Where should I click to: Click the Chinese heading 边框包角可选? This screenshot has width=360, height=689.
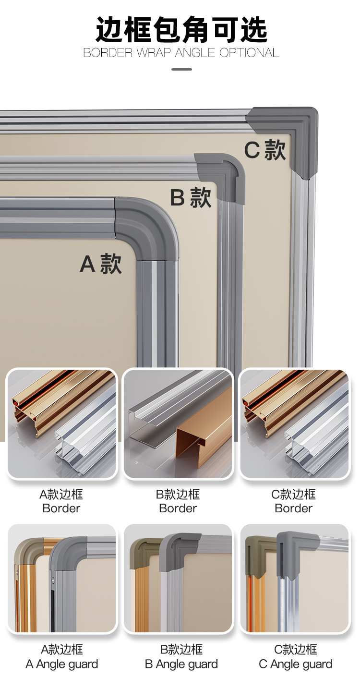(181, 30)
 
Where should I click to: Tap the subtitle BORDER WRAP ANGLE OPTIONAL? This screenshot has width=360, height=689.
(181, 53)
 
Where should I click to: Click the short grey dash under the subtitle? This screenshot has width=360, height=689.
(181, 69)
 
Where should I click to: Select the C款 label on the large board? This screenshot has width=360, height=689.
(265, 150)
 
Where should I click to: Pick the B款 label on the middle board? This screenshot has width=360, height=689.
(191, 197)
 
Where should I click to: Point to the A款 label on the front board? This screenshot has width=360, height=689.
(101, 264)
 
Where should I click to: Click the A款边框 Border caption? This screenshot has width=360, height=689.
(61, 501)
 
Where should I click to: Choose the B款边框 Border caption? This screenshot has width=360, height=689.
(178, 501)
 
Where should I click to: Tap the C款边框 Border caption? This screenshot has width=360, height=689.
(293, 501)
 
